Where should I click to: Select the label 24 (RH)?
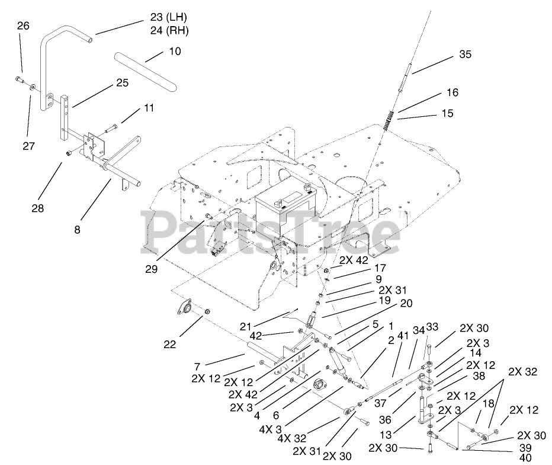pyautogui.click(x=165, y=30)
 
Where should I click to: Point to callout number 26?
pyautogui.click(x=23, y=26)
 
